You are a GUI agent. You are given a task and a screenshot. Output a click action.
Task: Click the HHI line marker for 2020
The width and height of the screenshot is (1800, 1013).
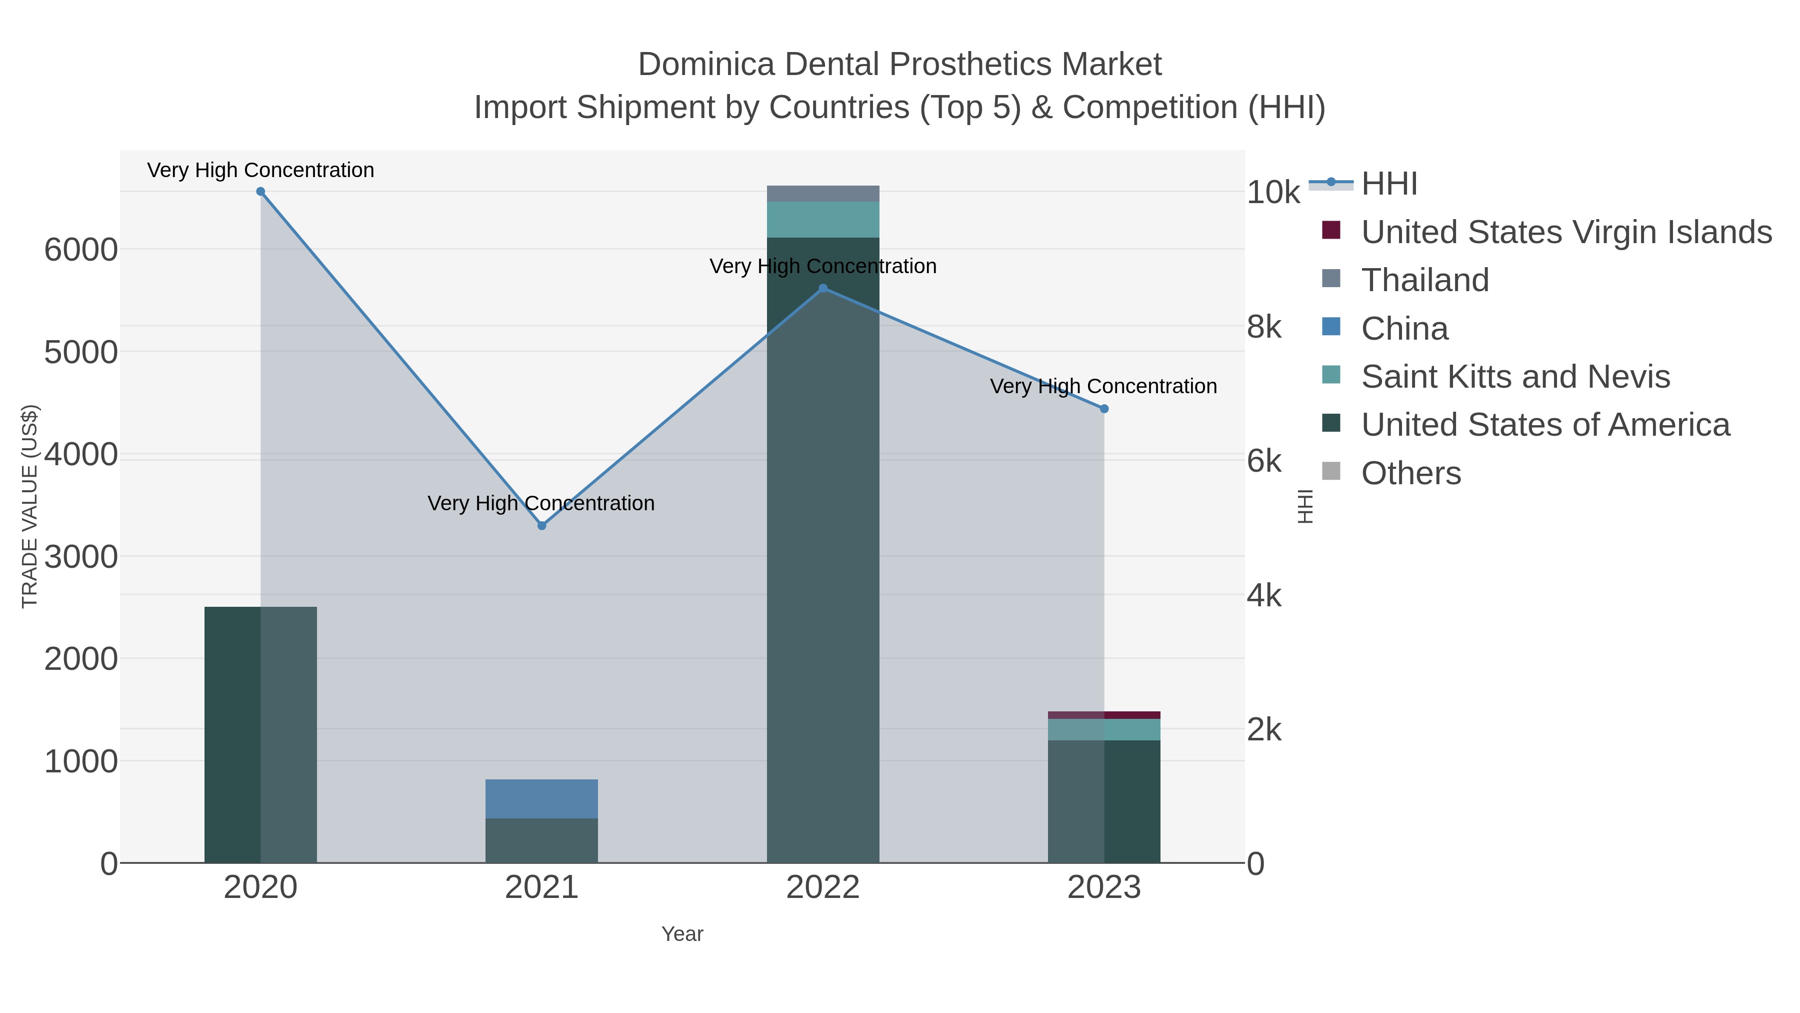pos(260,192)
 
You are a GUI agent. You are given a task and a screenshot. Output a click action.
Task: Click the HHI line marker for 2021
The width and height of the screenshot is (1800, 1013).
pos(541,526)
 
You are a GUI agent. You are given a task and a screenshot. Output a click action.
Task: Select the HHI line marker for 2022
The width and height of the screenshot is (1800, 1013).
pos(823,288)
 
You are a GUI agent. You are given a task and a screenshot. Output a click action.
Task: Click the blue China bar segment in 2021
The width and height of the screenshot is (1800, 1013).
pos(541,798)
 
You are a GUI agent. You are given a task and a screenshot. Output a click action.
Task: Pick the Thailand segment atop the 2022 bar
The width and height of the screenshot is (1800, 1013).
pos(823,194)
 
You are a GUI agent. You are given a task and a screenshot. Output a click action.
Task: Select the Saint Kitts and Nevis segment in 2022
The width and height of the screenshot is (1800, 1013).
pos(823,220)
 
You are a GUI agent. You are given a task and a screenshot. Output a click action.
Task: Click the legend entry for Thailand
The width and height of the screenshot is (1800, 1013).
pos(1425,280)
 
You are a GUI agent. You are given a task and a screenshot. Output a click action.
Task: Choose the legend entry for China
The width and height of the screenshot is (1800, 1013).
pos(1404,329)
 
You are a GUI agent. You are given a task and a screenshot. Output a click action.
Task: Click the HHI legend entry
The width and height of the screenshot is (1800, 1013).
pos(1389,184)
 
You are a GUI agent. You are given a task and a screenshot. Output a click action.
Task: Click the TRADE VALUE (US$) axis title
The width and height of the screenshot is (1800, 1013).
pos(29,506)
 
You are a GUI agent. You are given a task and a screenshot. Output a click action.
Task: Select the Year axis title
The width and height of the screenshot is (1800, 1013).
pos(682,934)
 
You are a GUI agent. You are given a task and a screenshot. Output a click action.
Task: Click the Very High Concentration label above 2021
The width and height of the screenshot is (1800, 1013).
pos(541,503)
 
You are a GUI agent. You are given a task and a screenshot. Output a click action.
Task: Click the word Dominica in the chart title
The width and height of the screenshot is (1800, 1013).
pos(705,65)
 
